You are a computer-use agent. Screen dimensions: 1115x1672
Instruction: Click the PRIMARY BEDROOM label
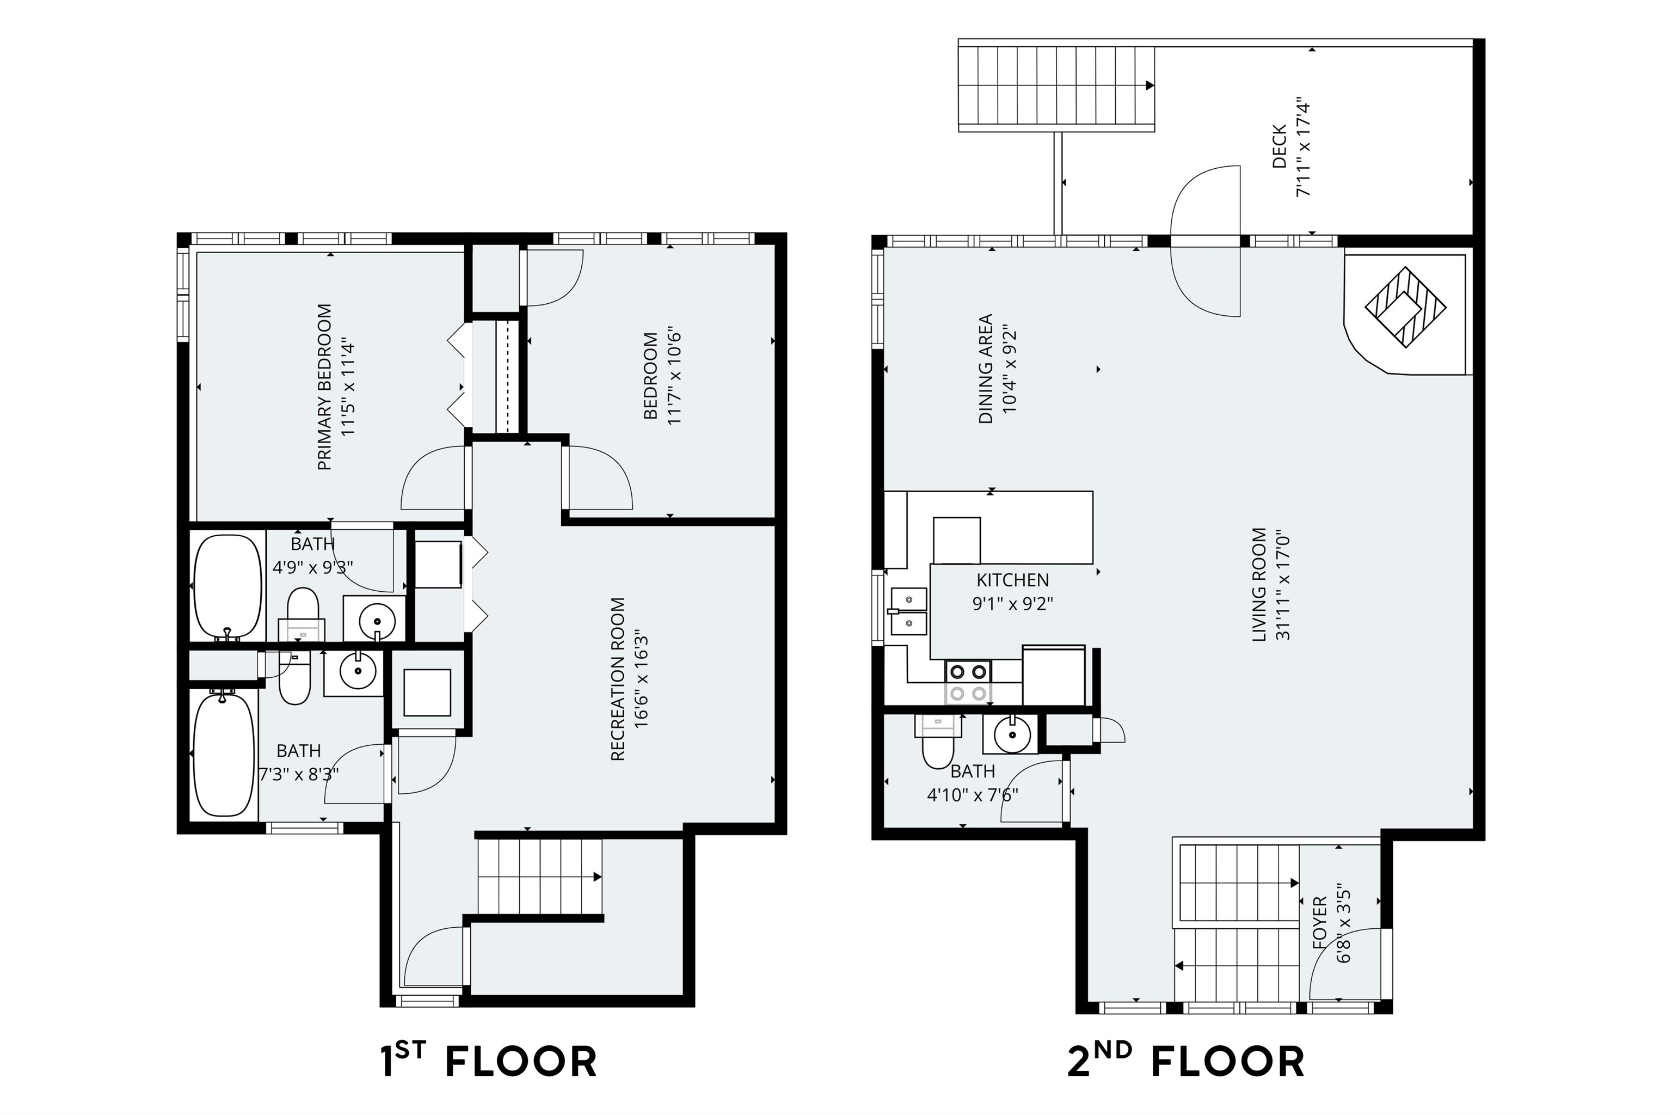click(x=324, y=387)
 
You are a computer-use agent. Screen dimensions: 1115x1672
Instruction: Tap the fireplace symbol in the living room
click(x=1405, y=307)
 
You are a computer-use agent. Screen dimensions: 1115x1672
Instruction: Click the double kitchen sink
click(x=908, y=611)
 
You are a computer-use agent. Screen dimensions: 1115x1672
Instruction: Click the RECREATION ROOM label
click(x=617, y=679)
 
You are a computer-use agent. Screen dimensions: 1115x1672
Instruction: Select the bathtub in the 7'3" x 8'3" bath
click(x=224, y=755)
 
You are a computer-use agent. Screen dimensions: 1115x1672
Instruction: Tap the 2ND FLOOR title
click(x=1186, y=1062)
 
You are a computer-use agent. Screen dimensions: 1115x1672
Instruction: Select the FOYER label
click(x=1319, y=923)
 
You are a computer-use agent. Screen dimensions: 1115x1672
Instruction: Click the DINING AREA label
click(x=985, y=369)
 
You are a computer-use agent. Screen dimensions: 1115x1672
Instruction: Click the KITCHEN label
click(x=1012, y=579)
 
